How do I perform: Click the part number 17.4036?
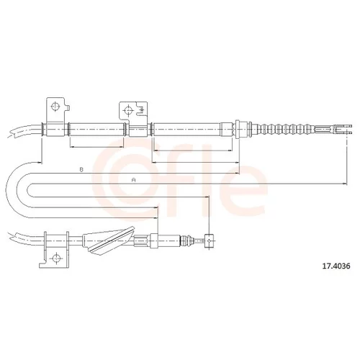[x=336, y=266]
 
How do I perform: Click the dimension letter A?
[x=134, y=180]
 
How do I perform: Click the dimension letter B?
[x=81, y=170]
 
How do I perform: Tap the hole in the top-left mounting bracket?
[x=55, y=106]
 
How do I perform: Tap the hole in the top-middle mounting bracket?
[x=128, y=110]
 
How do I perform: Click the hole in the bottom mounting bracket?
[x=56, y=258]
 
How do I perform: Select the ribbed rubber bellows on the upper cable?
[x=288, y=129]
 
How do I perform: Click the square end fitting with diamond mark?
[x=210, y=240]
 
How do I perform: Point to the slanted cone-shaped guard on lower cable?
[x=108, y=240]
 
